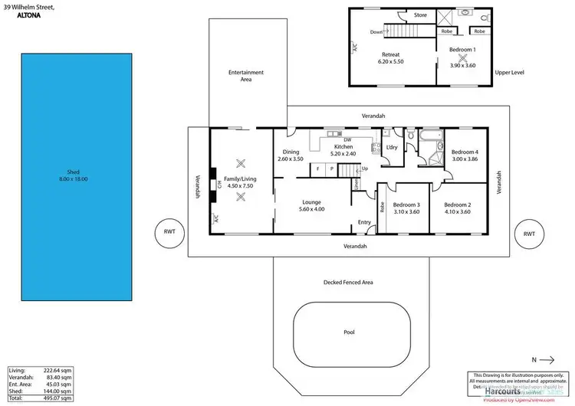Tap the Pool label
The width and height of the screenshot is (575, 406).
click(349, 332)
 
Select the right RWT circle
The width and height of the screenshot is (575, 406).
click(528, 234)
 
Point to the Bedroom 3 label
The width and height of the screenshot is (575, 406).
click(406, 205)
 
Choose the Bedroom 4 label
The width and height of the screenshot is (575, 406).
click(465, 152)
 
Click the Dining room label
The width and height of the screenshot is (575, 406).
click(291, 152)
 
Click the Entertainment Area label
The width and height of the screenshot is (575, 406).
click(246, 75)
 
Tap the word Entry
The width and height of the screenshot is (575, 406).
click(364, 222)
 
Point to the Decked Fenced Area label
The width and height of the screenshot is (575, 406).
click(348, 283)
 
